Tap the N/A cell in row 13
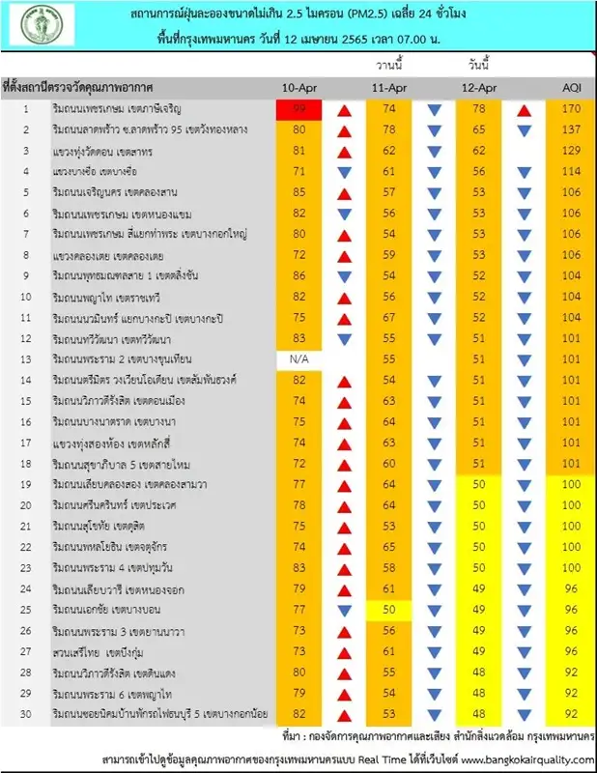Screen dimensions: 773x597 tap(293, 358)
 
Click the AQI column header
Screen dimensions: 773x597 tap(571, 88)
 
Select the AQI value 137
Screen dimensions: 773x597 tap(571, 129)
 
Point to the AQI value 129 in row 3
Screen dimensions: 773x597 tap(571, 151)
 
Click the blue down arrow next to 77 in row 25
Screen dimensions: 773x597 tap(344, 610)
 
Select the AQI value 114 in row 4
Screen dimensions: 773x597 tap(571, 171)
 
